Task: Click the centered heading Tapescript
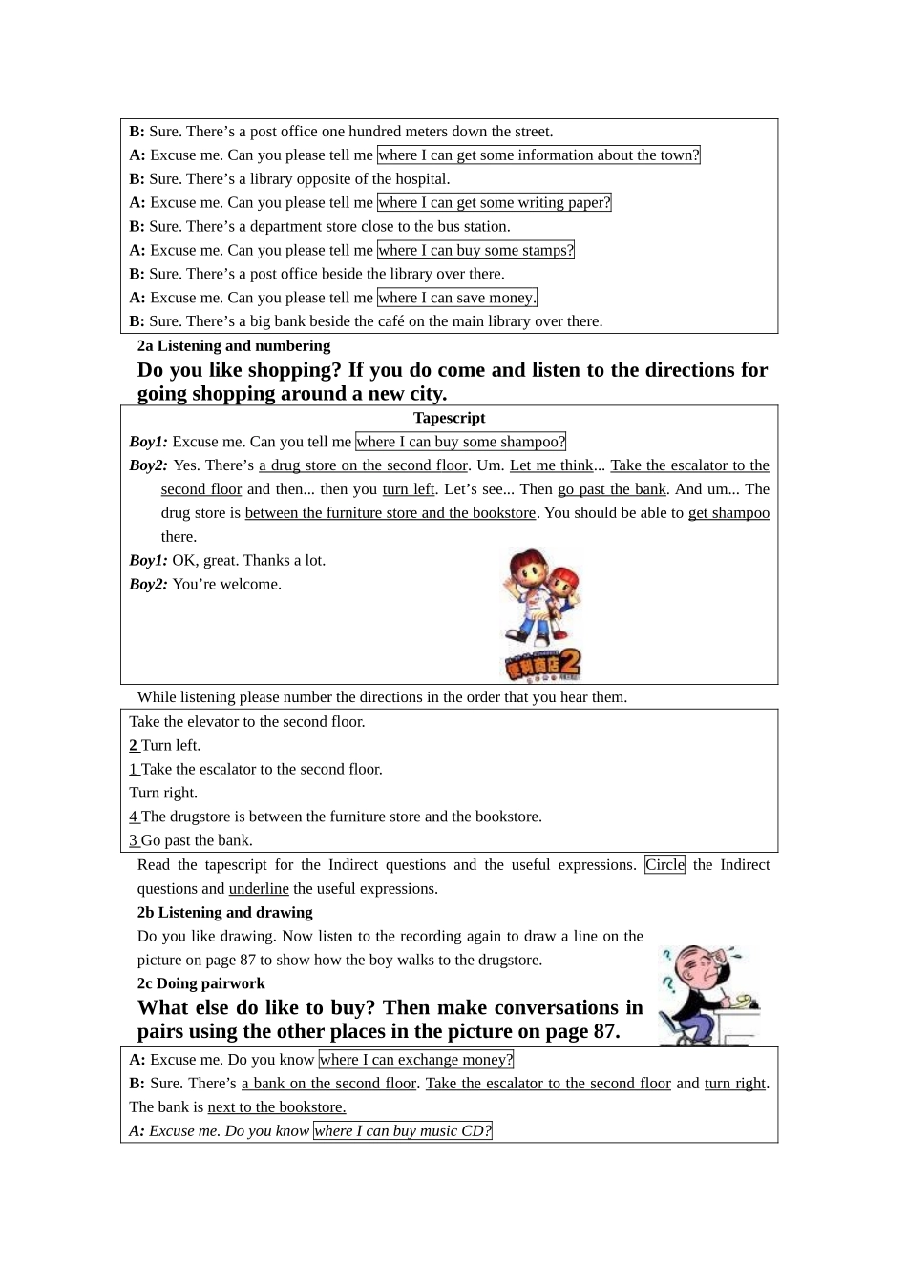[x=449, y=418]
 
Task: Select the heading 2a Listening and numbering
[x=234, y=346]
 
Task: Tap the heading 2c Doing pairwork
[x=200, y=983]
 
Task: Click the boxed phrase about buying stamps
[x=475, y=251]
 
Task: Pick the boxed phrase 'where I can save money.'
[x=456, y=298]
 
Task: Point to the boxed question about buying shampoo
[x=460, y=442]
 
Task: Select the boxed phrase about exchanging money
[x=416, y=1060]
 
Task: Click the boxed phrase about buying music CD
[x=402, y=1131]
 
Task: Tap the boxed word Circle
[x=664, y=865]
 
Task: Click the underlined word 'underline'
[x=259, y=889]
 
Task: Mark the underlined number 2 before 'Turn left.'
[x=134, y=746]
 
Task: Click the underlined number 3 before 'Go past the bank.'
[x=134, y=841]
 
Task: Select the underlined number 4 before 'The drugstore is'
[x=134, y=817]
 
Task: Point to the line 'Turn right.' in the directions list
[x=163, y=794]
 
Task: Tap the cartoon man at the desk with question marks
[x=708, y=995]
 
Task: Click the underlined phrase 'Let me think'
[x=551, y=465]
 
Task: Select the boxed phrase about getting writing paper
[x=494, y=203]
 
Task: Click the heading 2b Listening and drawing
[x=224, y=913]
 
